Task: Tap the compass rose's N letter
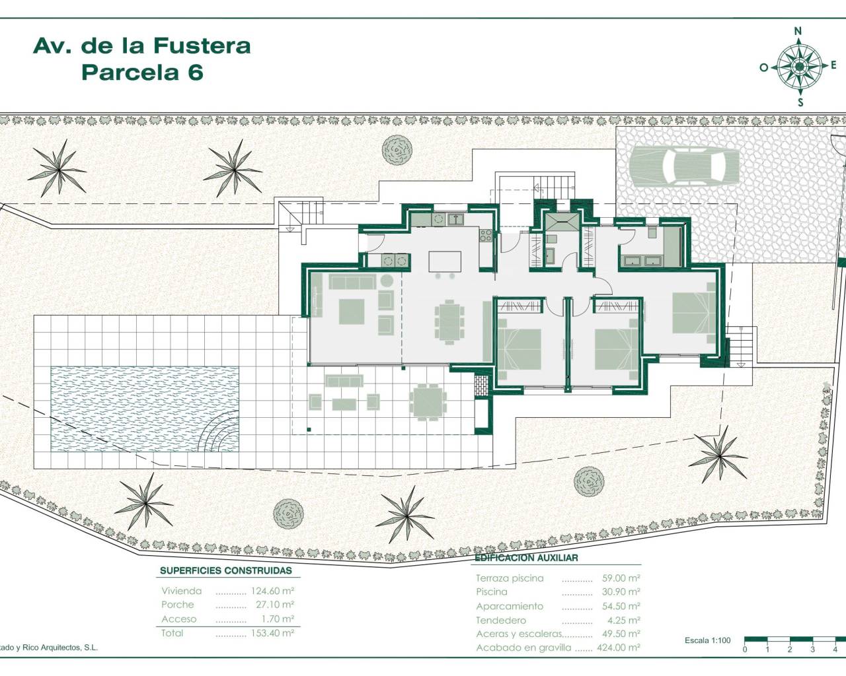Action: click(x=798, y=30)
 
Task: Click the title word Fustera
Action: click(x=202, y=46)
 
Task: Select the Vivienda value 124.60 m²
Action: click(x=272, y=591)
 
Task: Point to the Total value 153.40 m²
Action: click(x=272, y=633)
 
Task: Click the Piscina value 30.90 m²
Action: click(x=621, y=592)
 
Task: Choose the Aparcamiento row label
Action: click(x=509, y=606)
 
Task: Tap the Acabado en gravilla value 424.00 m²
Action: click(x=618, y=648)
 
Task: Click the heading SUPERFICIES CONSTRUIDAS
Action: click(x=225, y=571)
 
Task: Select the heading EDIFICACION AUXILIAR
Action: click(x=526, y=558)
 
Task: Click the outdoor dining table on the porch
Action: click(x=427, y=401)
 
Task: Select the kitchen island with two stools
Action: click(x=444, y=261)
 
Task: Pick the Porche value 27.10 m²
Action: click(x=272, y=605)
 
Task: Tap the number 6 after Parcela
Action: click(x=195, y=72)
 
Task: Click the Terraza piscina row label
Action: click(x=510, y=578)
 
